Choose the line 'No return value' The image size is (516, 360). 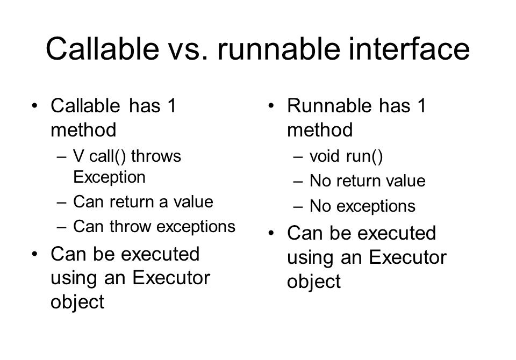pos(367,182)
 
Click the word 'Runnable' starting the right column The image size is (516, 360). pos(323,106)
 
